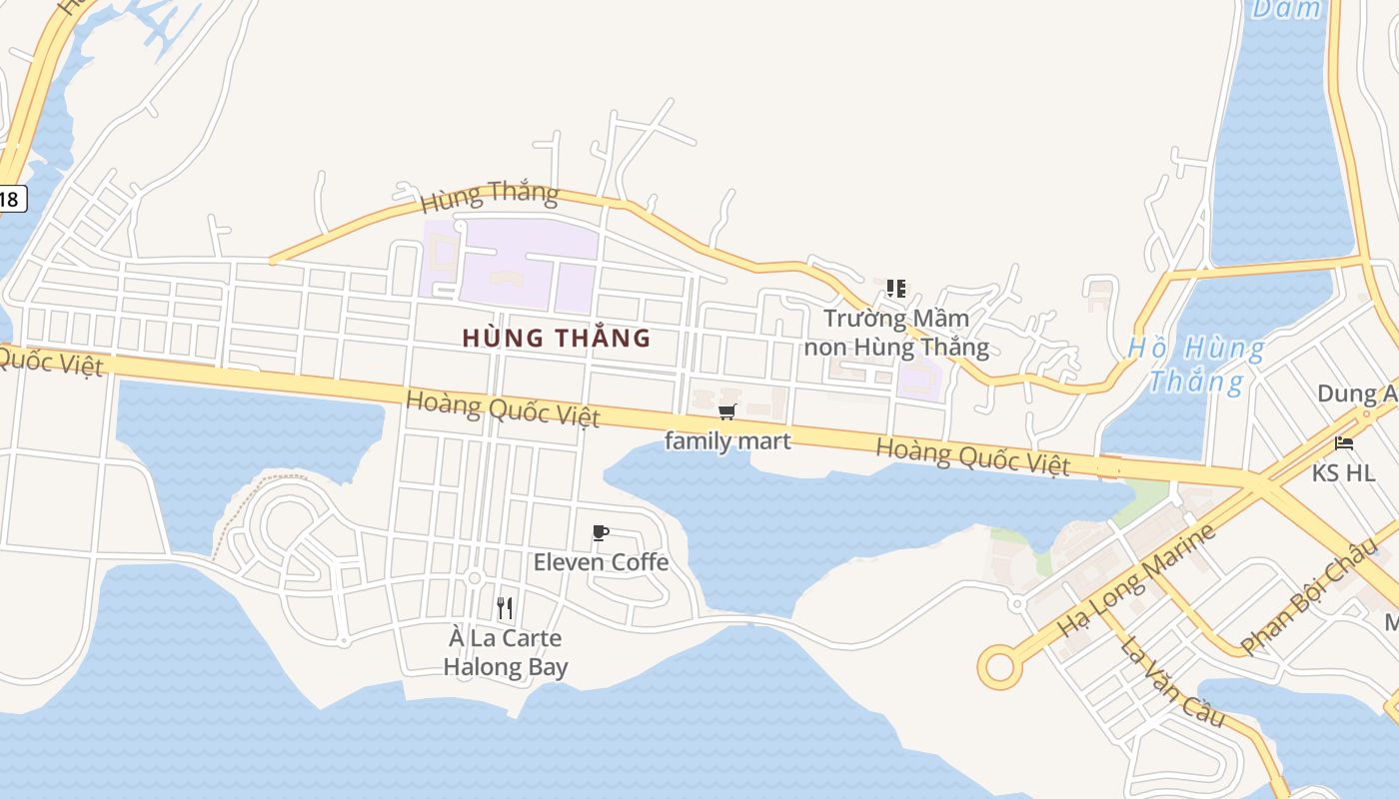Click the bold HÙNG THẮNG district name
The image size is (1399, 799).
[x=557, y=339]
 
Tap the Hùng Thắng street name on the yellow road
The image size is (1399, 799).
[x=489, y=196]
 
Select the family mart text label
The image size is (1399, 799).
[x=727, y=440]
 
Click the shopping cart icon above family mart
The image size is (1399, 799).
[x=727, y=411]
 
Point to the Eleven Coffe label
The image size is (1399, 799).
[x=601, y=562]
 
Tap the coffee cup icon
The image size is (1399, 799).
[x=601, y=532]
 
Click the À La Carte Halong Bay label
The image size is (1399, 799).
[x=506, y=652]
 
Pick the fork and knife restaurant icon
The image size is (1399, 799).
[x=505, y=607]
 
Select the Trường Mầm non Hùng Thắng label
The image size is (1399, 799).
[x=896, y=333]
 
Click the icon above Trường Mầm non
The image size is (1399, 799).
[x=896, y=289]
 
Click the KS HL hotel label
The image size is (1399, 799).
[x=1343, y=472]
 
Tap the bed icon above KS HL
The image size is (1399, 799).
[x=1344, y=443]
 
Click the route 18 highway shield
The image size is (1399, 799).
[x=9, y=199]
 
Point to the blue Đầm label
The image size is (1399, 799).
[x=1286, y=10]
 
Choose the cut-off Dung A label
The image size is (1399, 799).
[x=1357, y=394]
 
